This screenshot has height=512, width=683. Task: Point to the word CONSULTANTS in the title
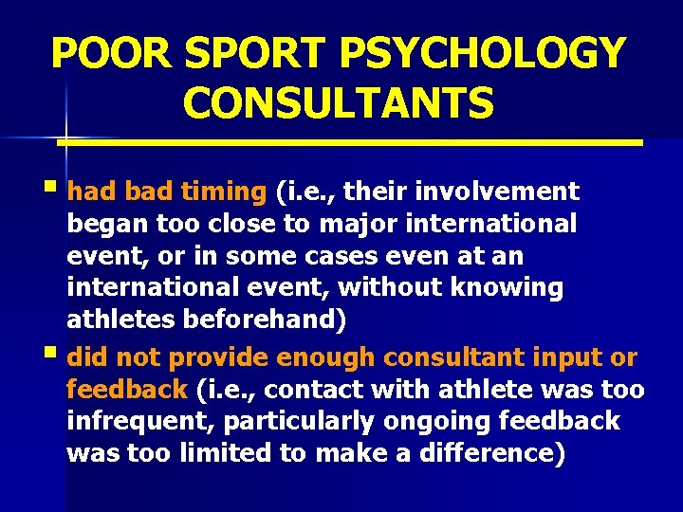(x=339, y=103)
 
